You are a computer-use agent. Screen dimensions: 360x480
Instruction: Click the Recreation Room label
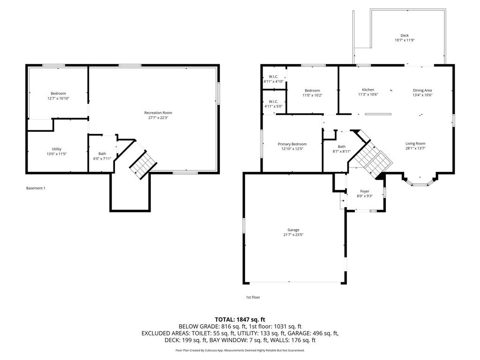click(158, 112)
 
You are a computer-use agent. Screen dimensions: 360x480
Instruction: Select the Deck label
click(405, 36)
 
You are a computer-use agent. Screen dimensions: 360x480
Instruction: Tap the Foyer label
click(365, 191)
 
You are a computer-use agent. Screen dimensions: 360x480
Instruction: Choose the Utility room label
click(57, 149)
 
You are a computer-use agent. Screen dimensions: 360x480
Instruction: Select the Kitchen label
click(368, 90)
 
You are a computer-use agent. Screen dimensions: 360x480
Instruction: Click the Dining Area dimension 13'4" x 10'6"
click(422, 95)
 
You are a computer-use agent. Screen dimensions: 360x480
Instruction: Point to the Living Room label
click(415, 143)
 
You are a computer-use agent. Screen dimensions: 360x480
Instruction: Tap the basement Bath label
click(102, 153)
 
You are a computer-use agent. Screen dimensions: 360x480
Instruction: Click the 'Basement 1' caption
click(36, 188)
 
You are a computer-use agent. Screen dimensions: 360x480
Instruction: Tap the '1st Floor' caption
click(253, 297)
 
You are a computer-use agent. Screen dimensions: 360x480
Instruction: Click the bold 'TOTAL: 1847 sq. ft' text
click(240, 319)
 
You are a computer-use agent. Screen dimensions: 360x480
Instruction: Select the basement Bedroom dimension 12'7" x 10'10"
click(58, 98)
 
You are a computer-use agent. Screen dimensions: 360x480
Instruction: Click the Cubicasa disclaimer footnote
click(240, 350)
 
